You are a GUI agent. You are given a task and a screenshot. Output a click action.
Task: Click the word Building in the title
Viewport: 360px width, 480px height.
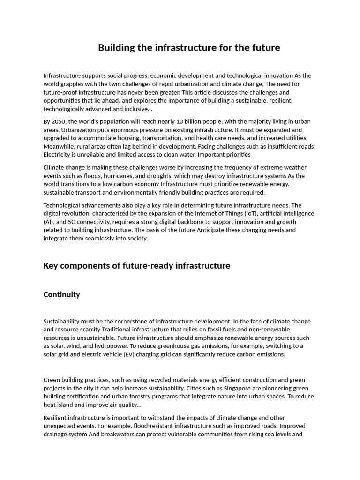(115, 48)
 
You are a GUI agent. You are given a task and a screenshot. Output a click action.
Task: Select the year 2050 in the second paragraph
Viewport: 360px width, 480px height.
(60, 121)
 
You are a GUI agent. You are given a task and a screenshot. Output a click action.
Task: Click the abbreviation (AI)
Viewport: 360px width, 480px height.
(48, 222)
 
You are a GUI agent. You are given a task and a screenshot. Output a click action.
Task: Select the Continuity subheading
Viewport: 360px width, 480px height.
(61, 294)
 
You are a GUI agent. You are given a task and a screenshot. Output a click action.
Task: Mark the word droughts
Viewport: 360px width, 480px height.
(147, 176)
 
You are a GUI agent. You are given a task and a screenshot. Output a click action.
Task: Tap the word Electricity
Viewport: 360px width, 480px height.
(58, 155)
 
